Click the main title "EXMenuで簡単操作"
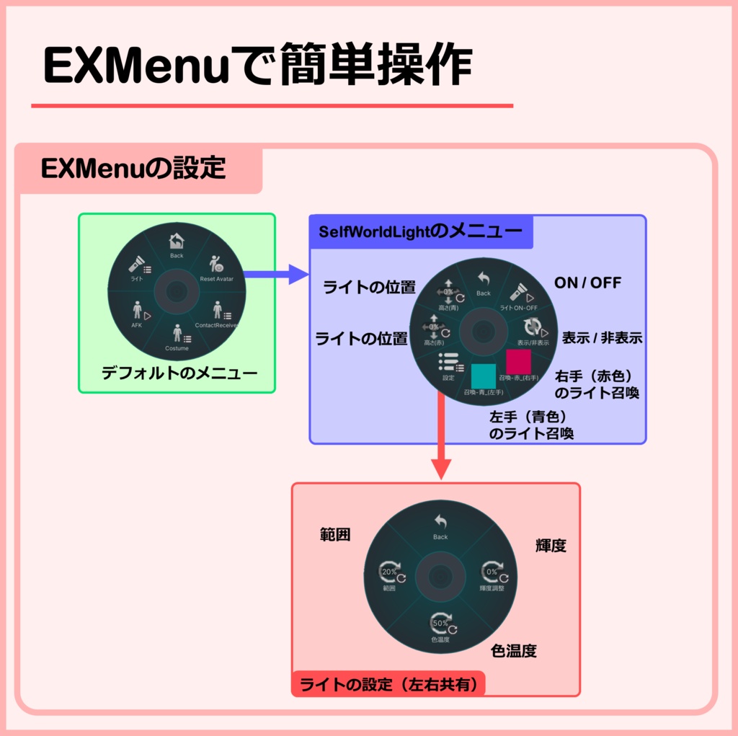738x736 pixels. click(x=257, y=66)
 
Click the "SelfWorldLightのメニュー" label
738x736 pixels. click(x=421, y=231)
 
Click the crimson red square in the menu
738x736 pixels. click(x=518, y=361)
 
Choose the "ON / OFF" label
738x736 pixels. click(x=587, y=283)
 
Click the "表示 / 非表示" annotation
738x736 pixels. click(x=602, y=338)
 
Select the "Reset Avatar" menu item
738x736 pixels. click(x=215, y=267)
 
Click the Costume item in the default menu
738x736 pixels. click(x=177, y=336)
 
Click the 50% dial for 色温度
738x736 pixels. click(x=440, y=624)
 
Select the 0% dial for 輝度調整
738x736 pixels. click(x=492, y=574)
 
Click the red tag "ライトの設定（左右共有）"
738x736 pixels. click(x=388, y=683)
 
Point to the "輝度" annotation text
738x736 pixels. click(x=551, y=546)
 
